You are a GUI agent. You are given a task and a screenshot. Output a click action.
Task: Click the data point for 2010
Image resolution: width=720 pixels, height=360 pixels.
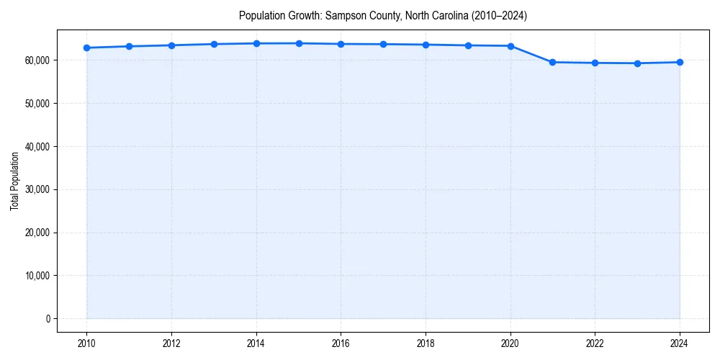pos(86,48)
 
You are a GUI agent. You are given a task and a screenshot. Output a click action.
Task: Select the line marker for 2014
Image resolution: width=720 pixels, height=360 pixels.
pos(256,43)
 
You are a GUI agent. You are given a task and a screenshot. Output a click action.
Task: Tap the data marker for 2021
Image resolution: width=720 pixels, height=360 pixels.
pos(552,62)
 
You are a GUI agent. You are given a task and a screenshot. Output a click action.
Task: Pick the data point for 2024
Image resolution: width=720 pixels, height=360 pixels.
pos(680,62)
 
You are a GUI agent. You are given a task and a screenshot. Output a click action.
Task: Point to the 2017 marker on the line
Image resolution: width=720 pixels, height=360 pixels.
pos(383,44)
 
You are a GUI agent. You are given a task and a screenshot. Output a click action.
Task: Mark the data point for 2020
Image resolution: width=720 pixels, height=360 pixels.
pos(510,46)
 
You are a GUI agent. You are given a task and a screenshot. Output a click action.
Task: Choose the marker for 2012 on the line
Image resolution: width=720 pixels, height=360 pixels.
pos(171,45)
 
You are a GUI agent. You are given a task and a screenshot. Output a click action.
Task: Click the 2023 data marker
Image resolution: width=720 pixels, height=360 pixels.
pos(637,63)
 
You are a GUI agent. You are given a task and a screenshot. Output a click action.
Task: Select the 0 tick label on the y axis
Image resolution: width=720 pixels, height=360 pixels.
pos(48,318)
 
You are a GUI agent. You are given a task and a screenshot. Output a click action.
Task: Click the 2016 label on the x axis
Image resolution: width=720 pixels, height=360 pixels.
pos(341,343)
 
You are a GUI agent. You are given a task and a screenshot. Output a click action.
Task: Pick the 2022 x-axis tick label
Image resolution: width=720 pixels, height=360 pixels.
pos(595,343)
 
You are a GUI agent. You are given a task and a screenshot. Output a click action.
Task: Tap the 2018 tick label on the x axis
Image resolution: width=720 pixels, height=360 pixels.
pos(426,343)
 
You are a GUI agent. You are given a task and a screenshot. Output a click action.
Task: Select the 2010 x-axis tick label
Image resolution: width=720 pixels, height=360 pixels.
pos(86,343)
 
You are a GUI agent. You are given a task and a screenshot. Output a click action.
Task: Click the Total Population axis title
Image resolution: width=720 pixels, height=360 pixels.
pos(14,181)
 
